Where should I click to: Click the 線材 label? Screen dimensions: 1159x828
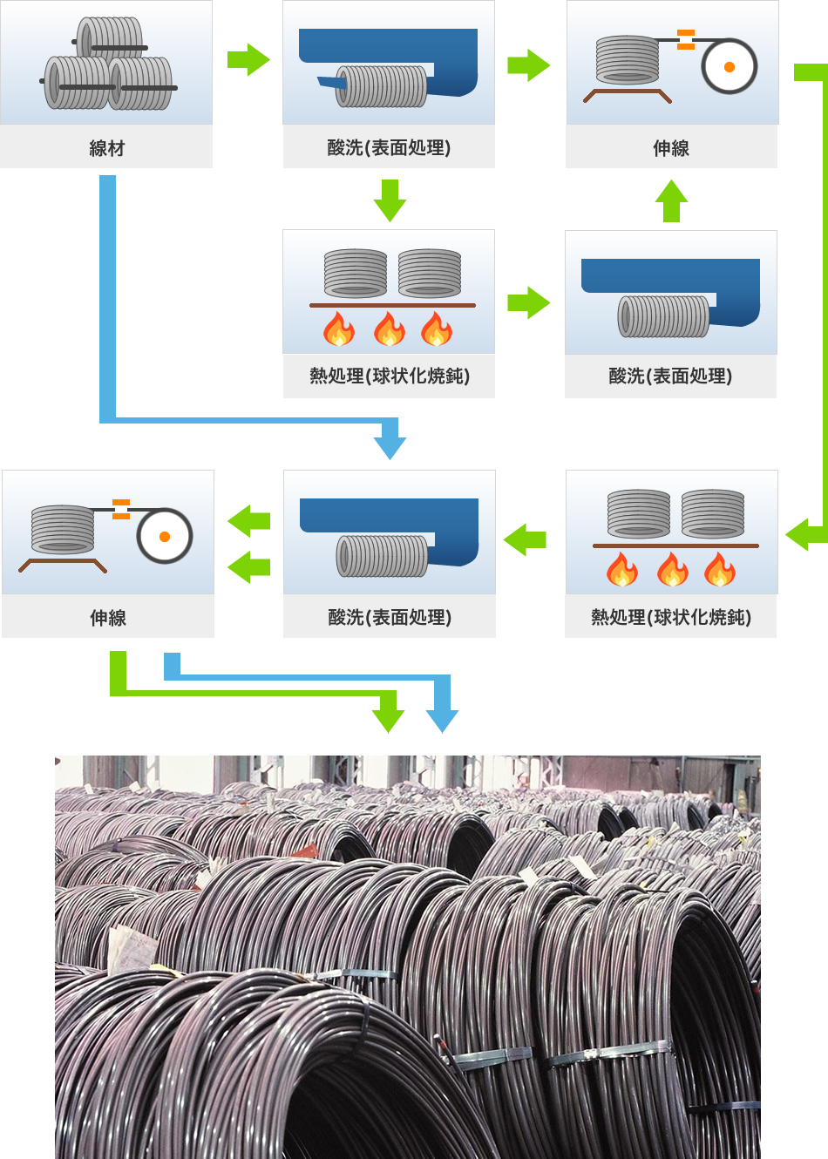tap(106, 148)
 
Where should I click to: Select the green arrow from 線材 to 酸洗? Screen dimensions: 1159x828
tap(248, 59)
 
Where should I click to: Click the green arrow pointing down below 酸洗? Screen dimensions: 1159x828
tap(390, 200)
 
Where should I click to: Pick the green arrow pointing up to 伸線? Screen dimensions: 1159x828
tap(671, 200)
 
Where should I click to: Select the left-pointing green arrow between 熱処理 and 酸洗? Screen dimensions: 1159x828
tap(525, 539)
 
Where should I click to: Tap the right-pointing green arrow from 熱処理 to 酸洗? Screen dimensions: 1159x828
tap(529, 303)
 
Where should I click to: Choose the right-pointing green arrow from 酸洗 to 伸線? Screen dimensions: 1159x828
tap(529, 64)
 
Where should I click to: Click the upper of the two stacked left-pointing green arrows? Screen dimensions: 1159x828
tap(249, 521)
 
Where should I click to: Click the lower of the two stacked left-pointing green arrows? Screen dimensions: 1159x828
tap(249, 566)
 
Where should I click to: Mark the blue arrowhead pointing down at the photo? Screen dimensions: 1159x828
tap(442, 720)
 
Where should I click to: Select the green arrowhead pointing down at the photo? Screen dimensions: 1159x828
tap(388, 720)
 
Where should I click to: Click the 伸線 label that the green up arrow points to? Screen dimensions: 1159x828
tap(671, 148)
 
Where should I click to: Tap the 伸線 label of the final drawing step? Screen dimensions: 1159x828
tap(108, 618)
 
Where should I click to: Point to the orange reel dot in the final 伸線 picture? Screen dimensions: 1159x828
tap(164, 536)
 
